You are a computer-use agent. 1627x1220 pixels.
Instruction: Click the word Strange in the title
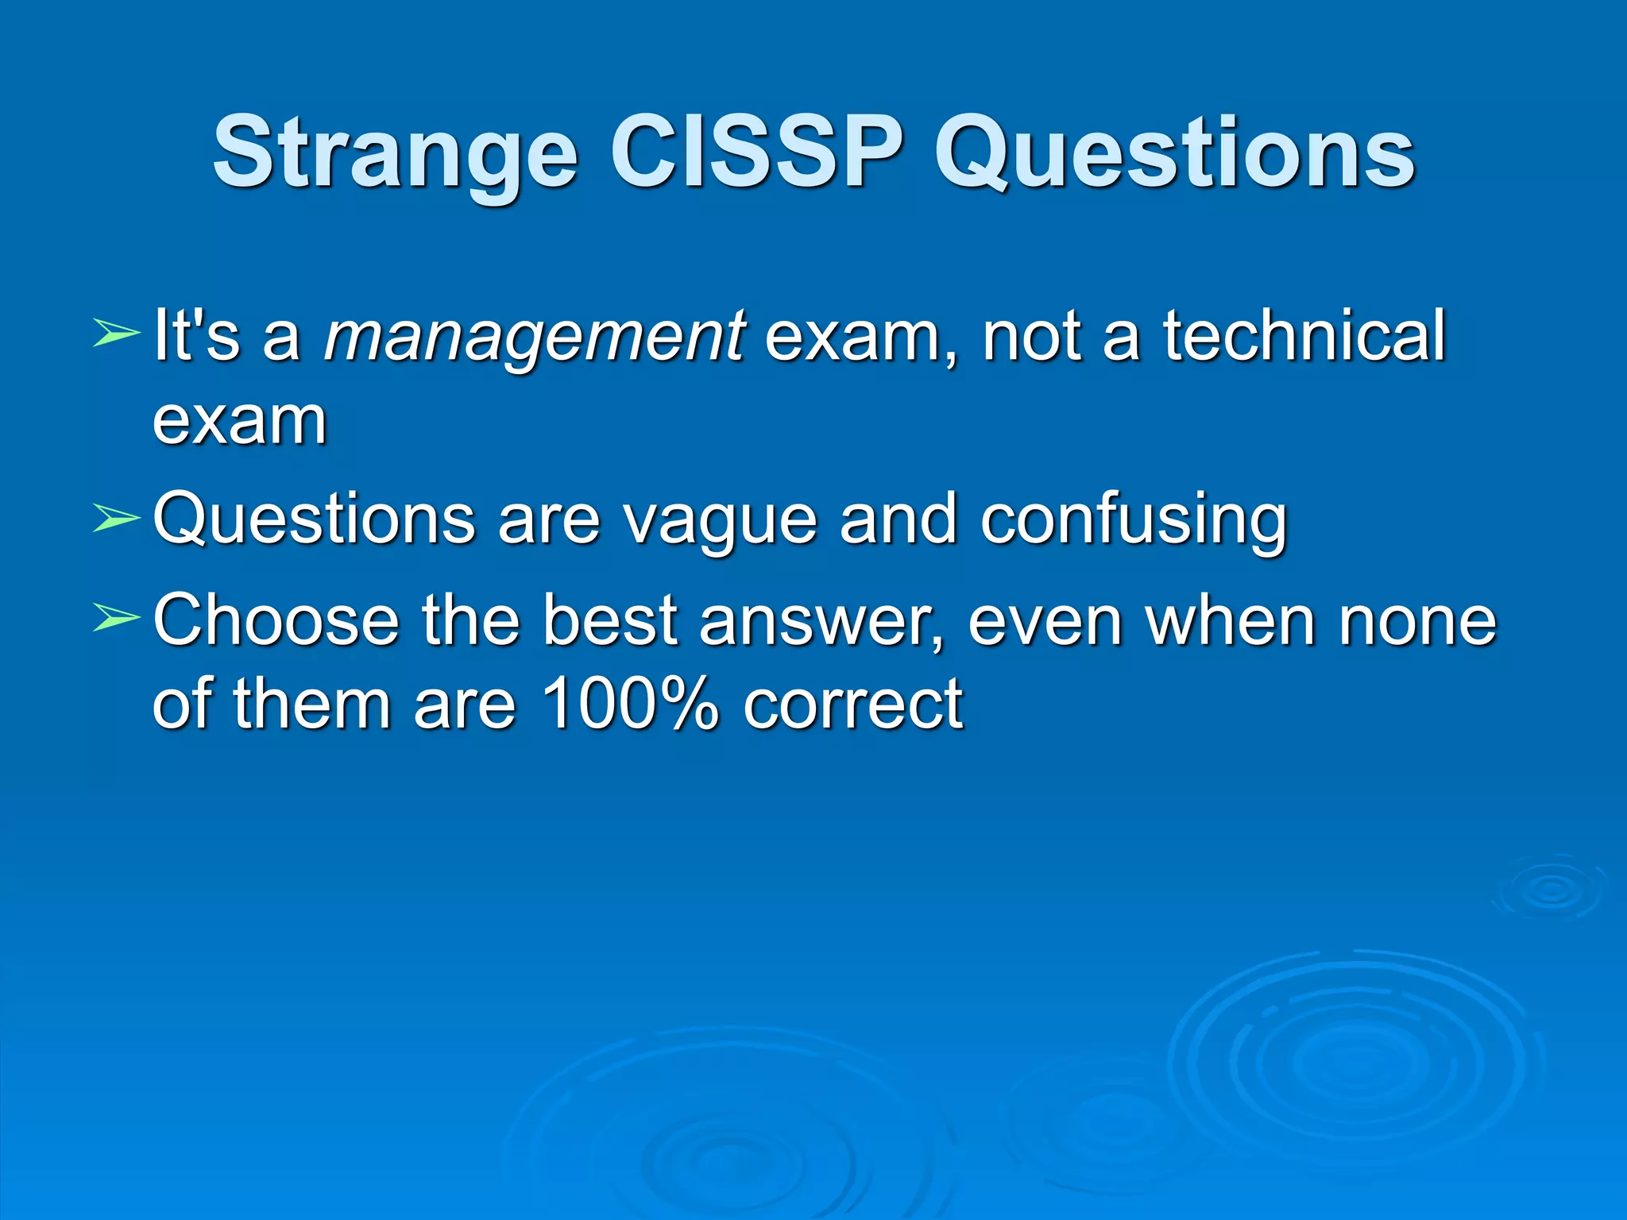pyautogui.click(x=395, y=152)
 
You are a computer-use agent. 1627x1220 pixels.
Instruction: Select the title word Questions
pyautogui.click(x=1173, y=152)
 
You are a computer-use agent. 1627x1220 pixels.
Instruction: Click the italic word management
pyautogui.click(x=534, y=337)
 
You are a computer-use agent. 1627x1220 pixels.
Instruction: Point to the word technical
pyautogui.click(x=1304, y=335)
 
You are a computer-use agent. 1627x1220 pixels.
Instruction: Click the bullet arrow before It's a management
pyautogui.click(x=116, y=333)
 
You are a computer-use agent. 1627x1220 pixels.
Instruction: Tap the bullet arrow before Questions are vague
pyautogui.click(x=116, y=519)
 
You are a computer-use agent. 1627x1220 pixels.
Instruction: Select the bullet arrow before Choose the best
pyautogui.click(x=116, y=618)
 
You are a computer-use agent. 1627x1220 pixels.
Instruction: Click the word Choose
pyautogui.click(x=276, y=620)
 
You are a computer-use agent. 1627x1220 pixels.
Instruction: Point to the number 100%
pyautogui.click(x=630, y=704)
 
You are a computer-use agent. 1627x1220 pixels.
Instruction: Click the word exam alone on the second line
pyautogui.click(x=239, y=421)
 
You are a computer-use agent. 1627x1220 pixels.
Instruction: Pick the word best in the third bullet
pyautogui.click(x=610, y=620)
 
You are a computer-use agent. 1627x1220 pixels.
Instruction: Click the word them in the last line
pyautogui.click(x=312, y=704)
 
